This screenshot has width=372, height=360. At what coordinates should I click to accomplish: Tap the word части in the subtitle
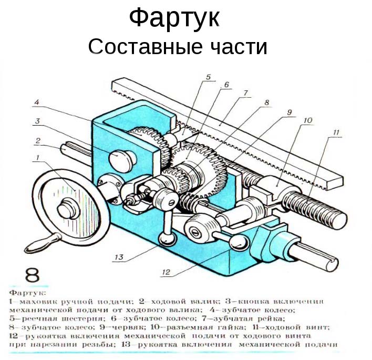[236, 47]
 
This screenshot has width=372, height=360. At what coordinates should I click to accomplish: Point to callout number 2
[38, 140]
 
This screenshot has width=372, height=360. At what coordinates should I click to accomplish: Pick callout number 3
[37, 122]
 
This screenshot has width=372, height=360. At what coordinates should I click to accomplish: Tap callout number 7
[245, 93]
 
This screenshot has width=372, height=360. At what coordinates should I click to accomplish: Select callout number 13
[120, 257]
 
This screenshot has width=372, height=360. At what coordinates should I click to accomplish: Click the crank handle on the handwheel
[40, 244]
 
